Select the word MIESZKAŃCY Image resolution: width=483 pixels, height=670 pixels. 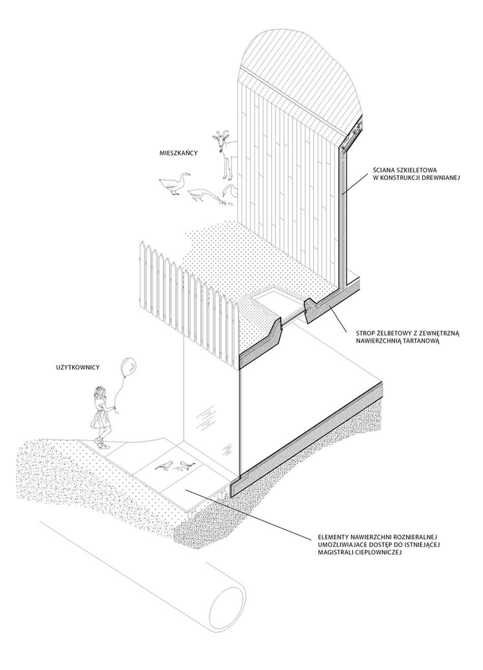click(x=176, y=152)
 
